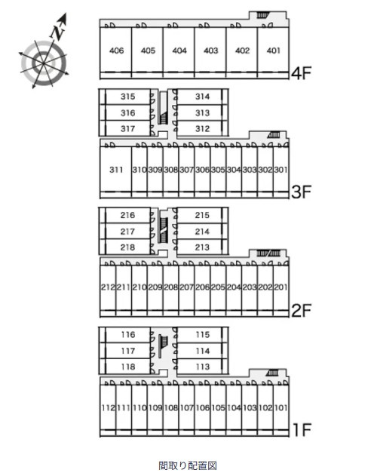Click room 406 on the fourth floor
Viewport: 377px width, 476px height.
pyautogui.click(x=116, y=51)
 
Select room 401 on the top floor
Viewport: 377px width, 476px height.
pyautogui.click(x=273, y=51)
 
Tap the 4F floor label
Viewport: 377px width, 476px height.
pyautogui.click(x=301, y=73)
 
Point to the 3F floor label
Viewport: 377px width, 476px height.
pyautogui.click(x=301, y=192)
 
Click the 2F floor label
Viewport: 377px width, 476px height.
pyautogui.click(x=301, y=310)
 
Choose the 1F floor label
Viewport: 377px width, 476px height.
pyautogui.click(x=302, y=429)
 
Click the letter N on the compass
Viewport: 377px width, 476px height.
pyautogui.click(x=57, y=32)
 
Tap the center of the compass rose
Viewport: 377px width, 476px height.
pyautogui.click(x=44, y=63)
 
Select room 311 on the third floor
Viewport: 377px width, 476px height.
pyautogui.click(x=116, y=170)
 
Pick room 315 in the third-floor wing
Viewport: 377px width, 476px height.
pyautogui.click(x=127, y=97)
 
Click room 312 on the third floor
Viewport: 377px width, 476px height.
pyautogui.click(x=203, y=129)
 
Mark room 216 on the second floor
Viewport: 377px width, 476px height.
pyautogui.click(x=127, y=215)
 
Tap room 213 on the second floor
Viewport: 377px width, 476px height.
pyautogui.click(x=202, y=247)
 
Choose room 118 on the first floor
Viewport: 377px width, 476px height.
pyautogui.click(x=127, y=367)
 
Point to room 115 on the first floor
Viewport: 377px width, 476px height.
pyautogui.click(x=203, y=334)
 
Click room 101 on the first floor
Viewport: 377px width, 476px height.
pyautogui.click(x=280, y=407)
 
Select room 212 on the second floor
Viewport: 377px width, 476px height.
pyautogui.click(x=108, y=287)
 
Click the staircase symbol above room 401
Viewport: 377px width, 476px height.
pyautogui.click(x=263, y=15)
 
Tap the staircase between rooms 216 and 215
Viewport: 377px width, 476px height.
pyautogui.click(x=164, y=230)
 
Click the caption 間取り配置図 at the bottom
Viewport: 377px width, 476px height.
pyautogui.click(x=188, y=465)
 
